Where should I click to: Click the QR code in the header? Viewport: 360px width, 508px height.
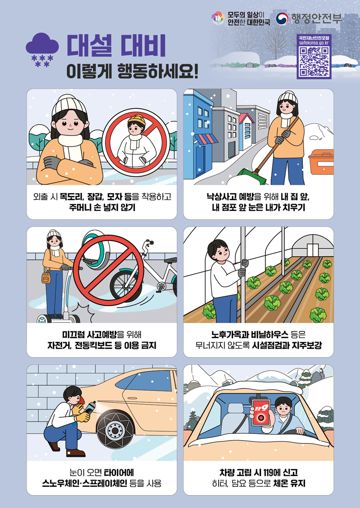(314, 62)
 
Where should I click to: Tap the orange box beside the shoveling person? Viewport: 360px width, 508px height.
(321, 161)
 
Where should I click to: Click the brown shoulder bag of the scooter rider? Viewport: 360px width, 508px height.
(46, 277)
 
